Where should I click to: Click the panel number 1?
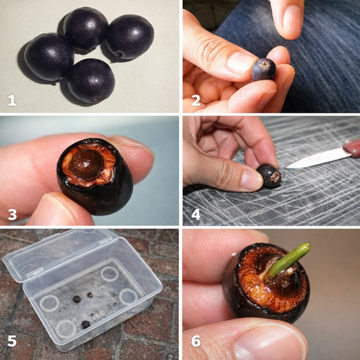[x=12, y=101]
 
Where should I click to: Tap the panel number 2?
[x=196, y=101]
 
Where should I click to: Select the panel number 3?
[x=12, y=215]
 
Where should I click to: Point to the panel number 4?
[x=196, y=215]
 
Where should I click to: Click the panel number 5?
[x=12, y=341]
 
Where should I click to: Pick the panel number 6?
[x=196, y=341]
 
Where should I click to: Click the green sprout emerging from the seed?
[x=288, y=260]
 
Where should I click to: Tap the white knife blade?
[x=318, y=159]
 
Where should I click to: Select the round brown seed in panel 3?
[x=86, y=164]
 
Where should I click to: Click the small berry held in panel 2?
[x=263, y=70]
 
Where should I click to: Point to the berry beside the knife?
[x=269, y=176]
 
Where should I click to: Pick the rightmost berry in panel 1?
[x=130, y=37]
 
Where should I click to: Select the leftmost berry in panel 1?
[x=49, y=57]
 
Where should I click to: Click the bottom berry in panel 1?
[x=91, y=80]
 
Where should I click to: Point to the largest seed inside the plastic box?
[x=86, y=324]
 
